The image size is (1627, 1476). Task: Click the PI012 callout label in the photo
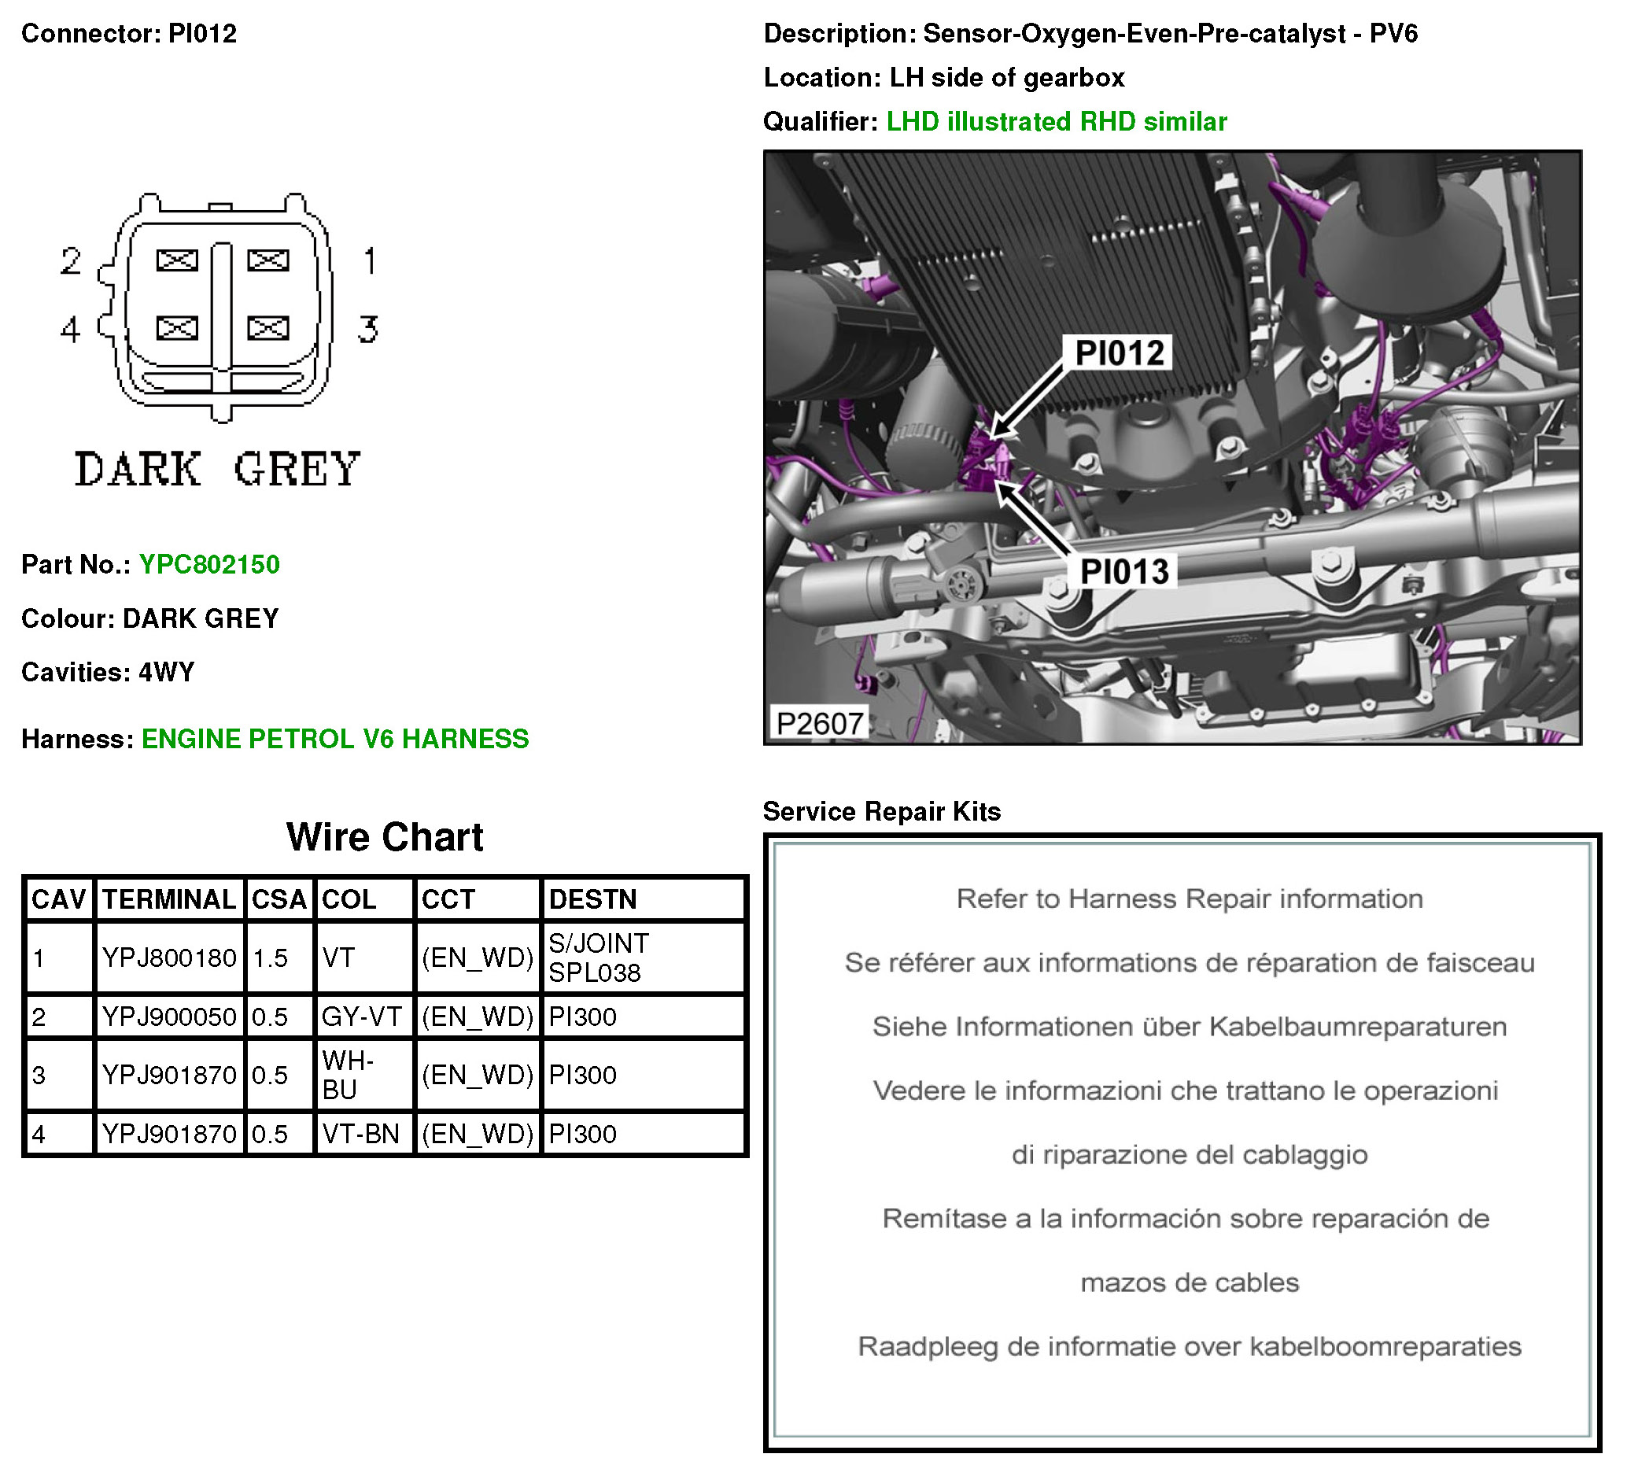click(x=1120, y=352)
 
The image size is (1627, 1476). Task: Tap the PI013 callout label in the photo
click(x=1124, y=571)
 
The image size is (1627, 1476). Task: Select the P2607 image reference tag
click(x=819, y=723)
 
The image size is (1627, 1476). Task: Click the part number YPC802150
click(x=209, y=564)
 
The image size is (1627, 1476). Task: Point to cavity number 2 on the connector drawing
click(x=71, y=260)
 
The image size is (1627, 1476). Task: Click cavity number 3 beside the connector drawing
click(x=368, y=329)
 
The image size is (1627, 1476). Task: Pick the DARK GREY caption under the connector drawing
click(x=217, y=469)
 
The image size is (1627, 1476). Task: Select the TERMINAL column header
click(x=168, y=899)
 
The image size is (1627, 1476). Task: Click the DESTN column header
click(x=592, y=899)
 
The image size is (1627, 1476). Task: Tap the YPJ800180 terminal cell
click(x=168, y=958)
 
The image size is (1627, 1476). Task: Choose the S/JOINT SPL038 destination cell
click(x=599, y=958)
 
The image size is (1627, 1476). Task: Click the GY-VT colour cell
click(x=362, y=1017)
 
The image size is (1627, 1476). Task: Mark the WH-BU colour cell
click(x=348, y=1075)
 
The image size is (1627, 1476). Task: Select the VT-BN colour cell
click(x=361, y=1134)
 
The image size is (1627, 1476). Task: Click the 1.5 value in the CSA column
click(x=270, y=958)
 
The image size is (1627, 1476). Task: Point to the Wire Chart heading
click(x=385, y=837)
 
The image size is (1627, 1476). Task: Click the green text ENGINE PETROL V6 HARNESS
click(x=335, y=739)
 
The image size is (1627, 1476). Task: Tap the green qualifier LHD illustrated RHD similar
click(x=1057, y=121)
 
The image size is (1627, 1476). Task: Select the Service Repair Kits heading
click(x=881, y=811)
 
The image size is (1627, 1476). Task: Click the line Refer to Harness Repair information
click(x=1190, y=899)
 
